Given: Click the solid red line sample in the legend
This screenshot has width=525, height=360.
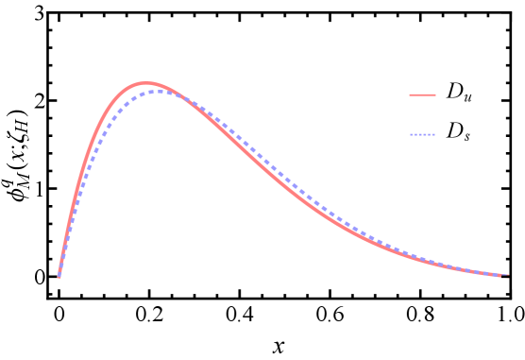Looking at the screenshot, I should coord(422,94).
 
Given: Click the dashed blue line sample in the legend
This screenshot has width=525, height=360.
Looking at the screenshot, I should coord(422,135).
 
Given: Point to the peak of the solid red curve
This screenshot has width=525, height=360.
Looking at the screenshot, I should coord(146,83).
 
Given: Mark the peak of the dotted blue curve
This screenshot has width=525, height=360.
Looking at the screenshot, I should coord(158,91).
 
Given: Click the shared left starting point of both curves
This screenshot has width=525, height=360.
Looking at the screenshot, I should coord(59,277).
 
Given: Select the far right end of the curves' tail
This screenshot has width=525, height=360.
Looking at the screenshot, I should coord(508,276).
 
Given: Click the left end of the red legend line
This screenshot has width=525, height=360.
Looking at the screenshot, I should coord(411,94).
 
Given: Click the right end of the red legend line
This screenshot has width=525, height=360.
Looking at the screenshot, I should coord(434,94).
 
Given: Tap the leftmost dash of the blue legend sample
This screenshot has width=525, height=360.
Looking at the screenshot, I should coord(412,135).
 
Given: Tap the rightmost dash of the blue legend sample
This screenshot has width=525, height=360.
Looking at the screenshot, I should coord(432,135).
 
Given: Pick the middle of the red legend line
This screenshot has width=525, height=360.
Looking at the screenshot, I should coord(422,94).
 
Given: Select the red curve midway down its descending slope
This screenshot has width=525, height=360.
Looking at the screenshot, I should coord(283,180).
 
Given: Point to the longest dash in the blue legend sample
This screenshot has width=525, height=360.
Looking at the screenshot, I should coord(422,135).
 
